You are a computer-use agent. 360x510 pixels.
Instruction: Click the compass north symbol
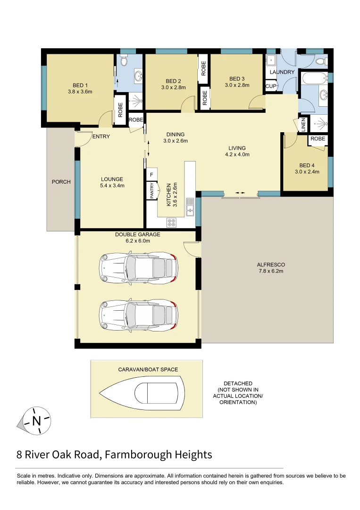click(x=36, y=420)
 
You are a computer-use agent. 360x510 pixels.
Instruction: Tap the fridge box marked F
click(x=151, y=175)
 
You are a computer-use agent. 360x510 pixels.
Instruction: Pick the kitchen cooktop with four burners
click(x=171, y=220)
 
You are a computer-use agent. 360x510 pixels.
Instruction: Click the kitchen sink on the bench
click(x=190, y=206)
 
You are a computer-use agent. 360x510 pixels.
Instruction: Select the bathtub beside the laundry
click(x=314, y=78)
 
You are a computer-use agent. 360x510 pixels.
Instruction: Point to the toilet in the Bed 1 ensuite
click(x=124, y=61)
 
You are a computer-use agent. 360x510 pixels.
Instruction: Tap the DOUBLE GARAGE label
click(x=138, y=234)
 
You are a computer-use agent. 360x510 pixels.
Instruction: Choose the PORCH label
click(x=61, y=182)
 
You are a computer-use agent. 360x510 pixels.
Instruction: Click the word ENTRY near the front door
click(x=101, y=137)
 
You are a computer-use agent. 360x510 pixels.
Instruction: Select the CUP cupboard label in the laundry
click(x=270, y=86)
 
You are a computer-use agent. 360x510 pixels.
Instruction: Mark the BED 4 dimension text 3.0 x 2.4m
click(x=306, y=171)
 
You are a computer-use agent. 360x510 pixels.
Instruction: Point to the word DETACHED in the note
click(x=238, y=383)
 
